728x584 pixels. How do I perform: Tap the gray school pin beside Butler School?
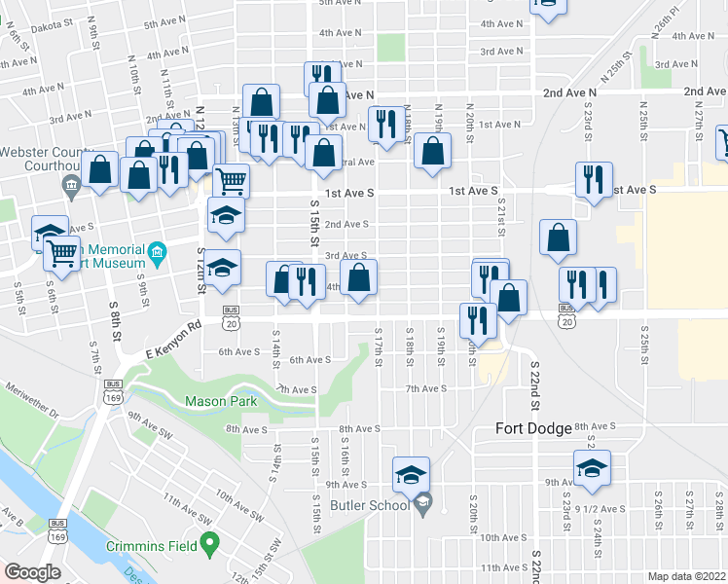[x=422, y=503]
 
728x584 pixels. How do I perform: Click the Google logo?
[x=32, y=572]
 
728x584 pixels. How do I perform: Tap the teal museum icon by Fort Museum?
[x=157, y=255]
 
